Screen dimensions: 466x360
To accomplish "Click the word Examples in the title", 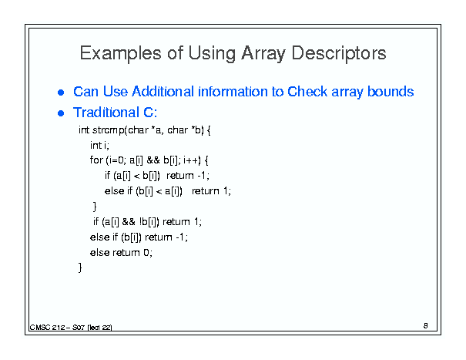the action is (x=120, y=53).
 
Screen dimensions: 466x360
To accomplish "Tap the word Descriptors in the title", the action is (x=339, y=53).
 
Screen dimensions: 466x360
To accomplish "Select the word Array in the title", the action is (x=263, y=54).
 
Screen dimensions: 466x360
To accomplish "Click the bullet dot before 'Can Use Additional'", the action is (x=61, y=93).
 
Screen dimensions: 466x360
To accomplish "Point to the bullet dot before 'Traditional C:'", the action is (x=61, y=113).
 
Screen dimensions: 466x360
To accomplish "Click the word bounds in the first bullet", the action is (x=391, y=91).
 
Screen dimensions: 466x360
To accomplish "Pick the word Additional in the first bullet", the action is (x=163, y=91).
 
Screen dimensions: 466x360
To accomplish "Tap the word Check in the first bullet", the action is (x=307, y=91).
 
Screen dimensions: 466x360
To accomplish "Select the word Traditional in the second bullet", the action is (x=106, y=113).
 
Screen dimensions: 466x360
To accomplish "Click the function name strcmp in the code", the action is (x=109, y=130).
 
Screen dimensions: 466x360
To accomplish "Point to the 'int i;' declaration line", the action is (x=100, y=146).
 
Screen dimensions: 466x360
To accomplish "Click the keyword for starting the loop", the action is (x=96, y=160).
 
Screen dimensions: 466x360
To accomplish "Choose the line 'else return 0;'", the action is (x=121, y=253).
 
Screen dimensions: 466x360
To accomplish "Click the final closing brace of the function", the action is (x=80, y=267).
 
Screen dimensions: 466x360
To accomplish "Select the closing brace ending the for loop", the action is (x=95, y=206).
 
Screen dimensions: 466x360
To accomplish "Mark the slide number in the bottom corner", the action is (x=426, y=326).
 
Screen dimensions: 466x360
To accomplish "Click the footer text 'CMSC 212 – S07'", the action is (x=57, y=328).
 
